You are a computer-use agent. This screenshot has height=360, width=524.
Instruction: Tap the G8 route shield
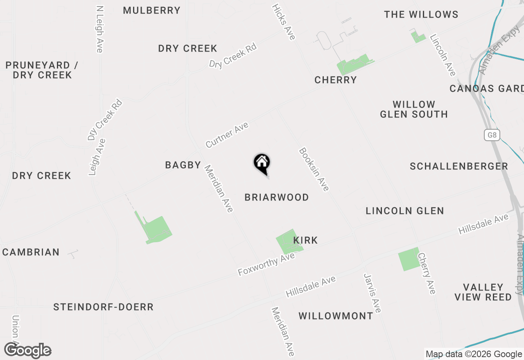[492, 135]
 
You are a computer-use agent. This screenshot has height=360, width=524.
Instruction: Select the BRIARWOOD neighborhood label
[277, 198]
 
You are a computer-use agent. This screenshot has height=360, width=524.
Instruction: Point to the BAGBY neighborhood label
[183, 165]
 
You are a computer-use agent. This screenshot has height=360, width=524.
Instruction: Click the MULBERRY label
[152, 11]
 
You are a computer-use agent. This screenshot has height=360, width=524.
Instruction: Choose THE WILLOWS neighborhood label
[421, 15]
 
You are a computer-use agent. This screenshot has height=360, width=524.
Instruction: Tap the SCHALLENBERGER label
[459, 166]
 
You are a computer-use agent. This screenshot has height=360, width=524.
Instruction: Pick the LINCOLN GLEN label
[405, 211]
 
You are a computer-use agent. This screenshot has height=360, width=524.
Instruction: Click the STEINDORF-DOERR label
[104, 307]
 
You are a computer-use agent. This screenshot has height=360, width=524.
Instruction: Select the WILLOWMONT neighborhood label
[336, 316]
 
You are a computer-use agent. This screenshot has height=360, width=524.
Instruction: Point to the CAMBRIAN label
[31, 252]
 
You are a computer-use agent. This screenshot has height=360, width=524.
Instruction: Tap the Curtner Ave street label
[227, 135]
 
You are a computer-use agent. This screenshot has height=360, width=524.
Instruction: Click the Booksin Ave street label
[314, 169]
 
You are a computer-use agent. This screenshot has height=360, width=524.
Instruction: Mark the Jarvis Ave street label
[373, 293]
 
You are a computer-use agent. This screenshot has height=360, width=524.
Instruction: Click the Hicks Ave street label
[284, 22]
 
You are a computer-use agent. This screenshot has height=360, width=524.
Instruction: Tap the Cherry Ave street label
[427, 273]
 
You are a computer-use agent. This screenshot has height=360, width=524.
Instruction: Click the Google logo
[28, 351]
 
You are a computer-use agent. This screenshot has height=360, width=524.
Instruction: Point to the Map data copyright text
[474, 354]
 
